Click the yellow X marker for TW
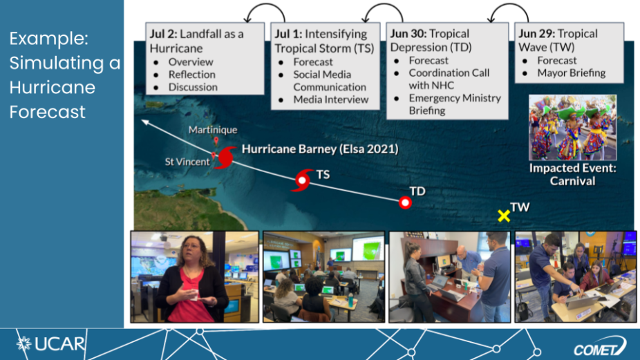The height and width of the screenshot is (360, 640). pyautogui.click(x=504, y=216)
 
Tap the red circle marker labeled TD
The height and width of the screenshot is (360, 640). pyautogui.click(x=405, y=202)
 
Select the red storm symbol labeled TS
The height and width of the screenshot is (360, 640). pyautogui.click(x=302, y=180)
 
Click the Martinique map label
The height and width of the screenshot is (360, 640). pyautogui.click(x=213, y=130)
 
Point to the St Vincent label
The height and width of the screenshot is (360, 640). pyautogui.click(x=187, y=162)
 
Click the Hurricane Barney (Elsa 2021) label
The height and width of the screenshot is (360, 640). pyautogui.click(x=320, y=149)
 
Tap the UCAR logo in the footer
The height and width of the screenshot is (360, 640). pyautogui.click(x=50, y=343)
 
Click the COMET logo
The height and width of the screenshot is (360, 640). pyautogui.click(x=600, y=347)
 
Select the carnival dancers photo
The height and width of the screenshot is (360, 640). pyautogui.click(x=572, y=128)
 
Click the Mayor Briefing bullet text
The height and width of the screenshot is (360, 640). pyautogui.click(x=572, y=73)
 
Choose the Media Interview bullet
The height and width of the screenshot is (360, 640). pyautogui.click(x=330, y=100)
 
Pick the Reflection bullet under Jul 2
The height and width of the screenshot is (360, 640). pyautogui.click(x=192, y=75)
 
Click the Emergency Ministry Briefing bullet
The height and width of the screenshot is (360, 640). pyautogui.click(x=455, y=104)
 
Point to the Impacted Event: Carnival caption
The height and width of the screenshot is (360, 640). pyautogui.click(x=573, y=174)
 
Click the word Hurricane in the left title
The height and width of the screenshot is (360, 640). pyautogui.click(x=53, y=87)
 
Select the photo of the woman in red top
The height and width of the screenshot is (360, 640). pyautogui.click(x=195, y=276)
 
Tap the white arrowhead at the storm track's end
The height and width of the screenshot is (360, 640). pyautogui.click(x=145, y=122)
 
